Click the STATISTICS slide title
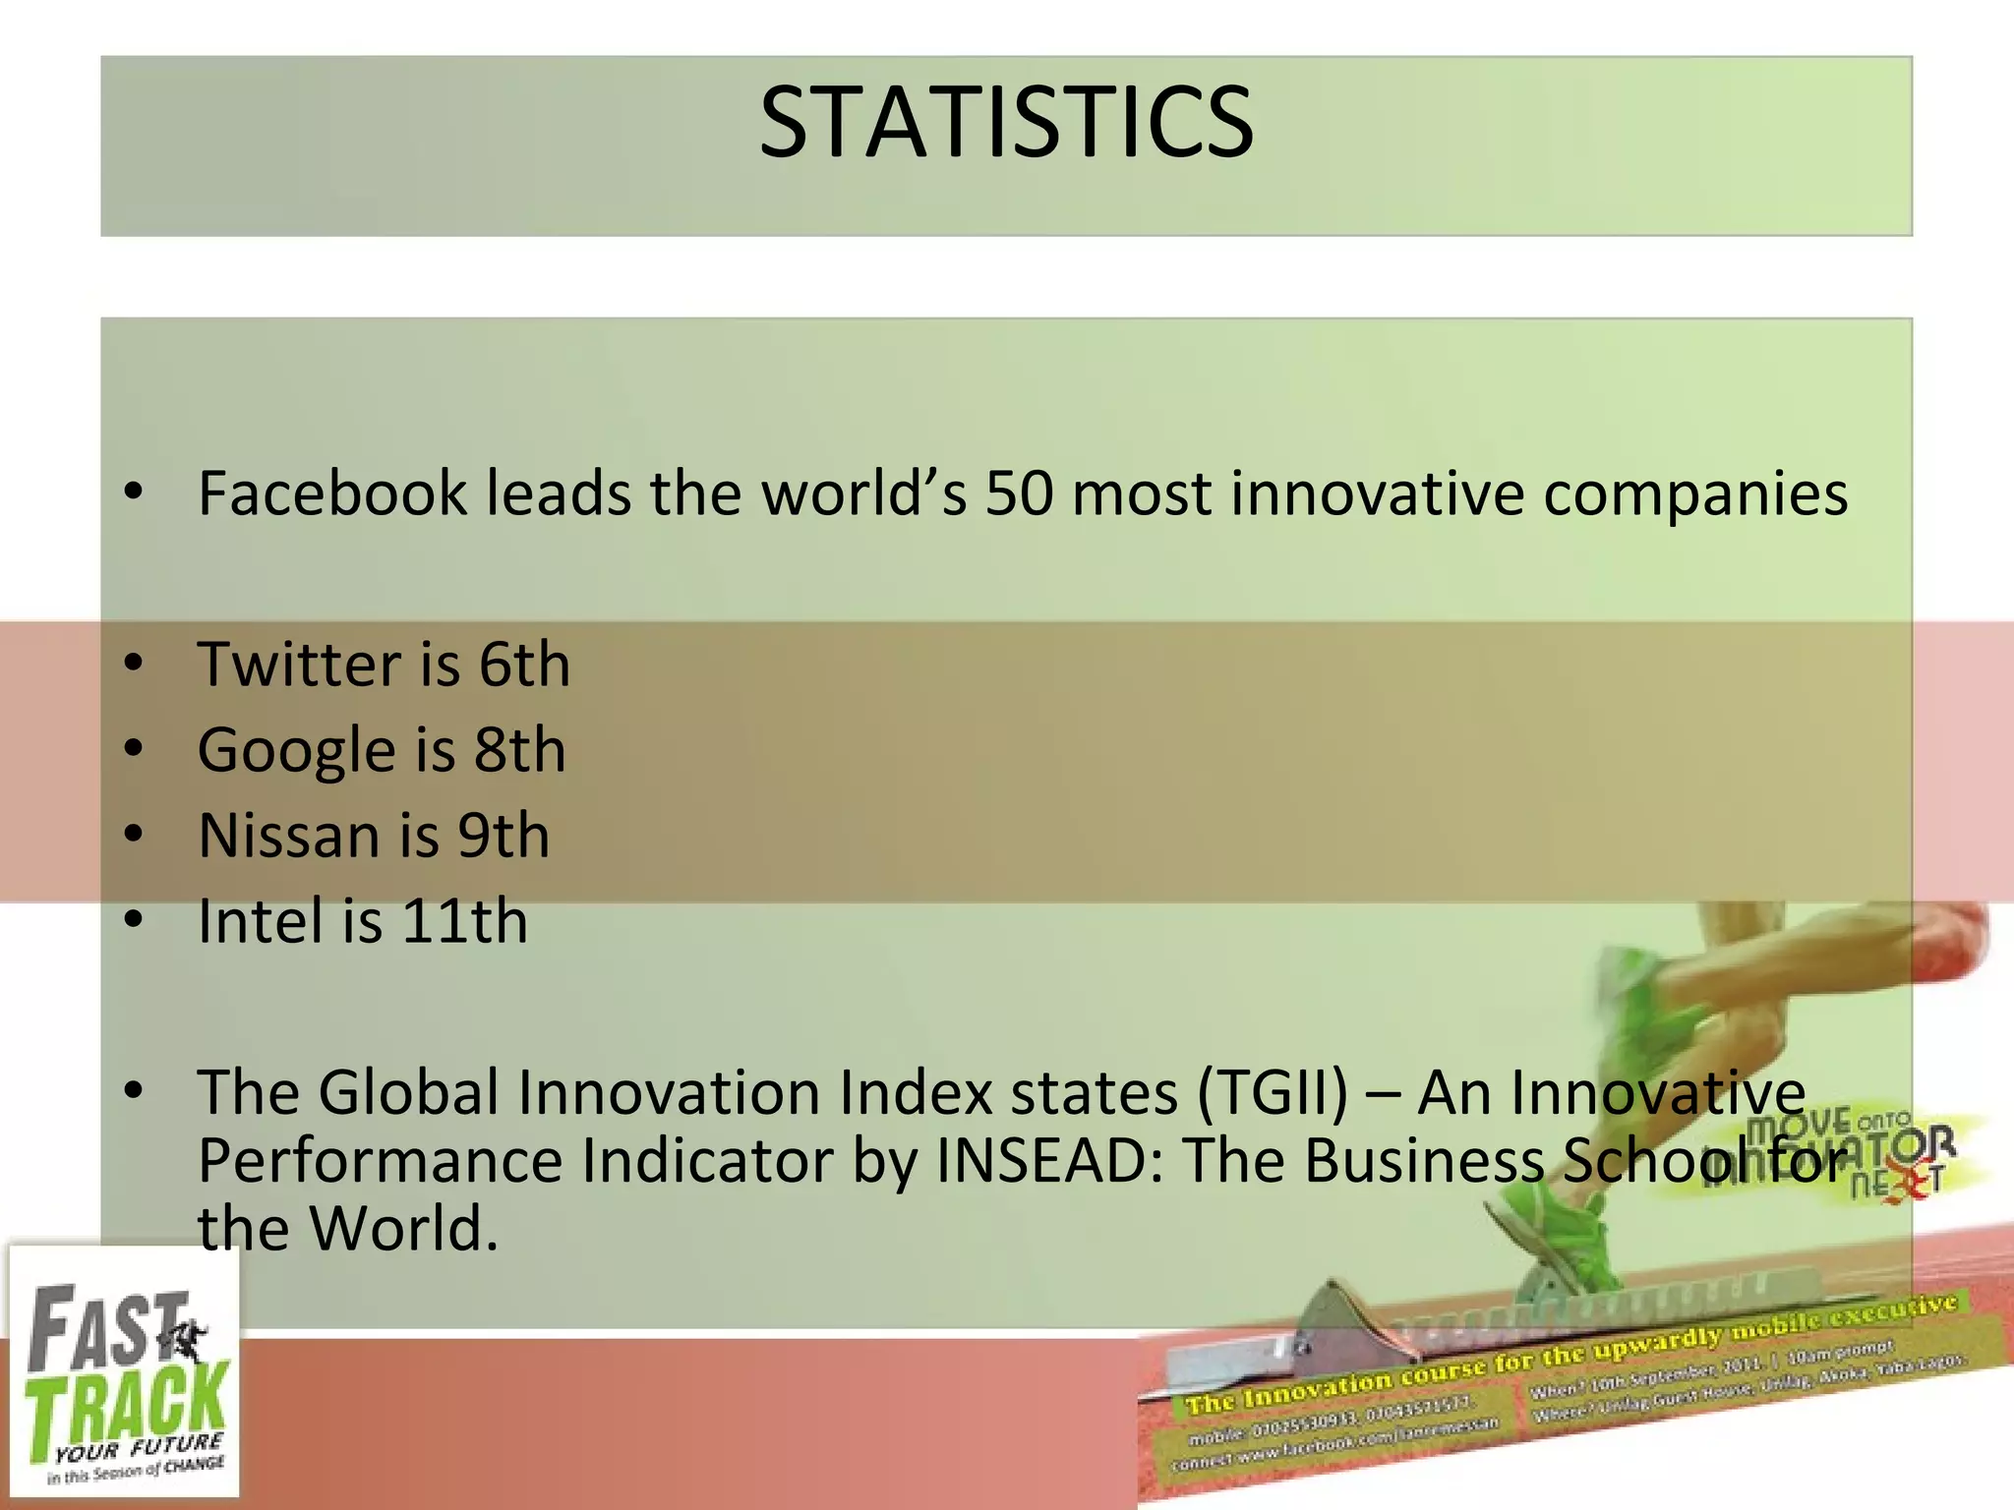pyautogui.click(x=1006, y=122)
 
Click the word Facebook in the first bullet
pyautogui.click(x=331, y=494)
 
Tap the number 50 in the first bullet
pyautogui.click(x=1020, y=494)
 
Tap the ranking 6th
pyautogui.click(x=524, y=665)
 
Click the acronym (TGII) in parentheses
pyautogui.click(x=1273, y=1093)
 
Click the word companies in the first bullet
pyautogui.click(x=1694, y=494)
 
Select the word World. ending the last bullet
pyautogui.click(x=403, y=1230)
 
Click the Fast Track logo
pyautogui.click(x=123, y=1372)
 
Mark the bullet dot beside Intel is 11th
pyautogui.click(x=135, y=920)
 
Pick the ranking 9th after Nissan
pyautogui.click(x=503, y=837)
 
